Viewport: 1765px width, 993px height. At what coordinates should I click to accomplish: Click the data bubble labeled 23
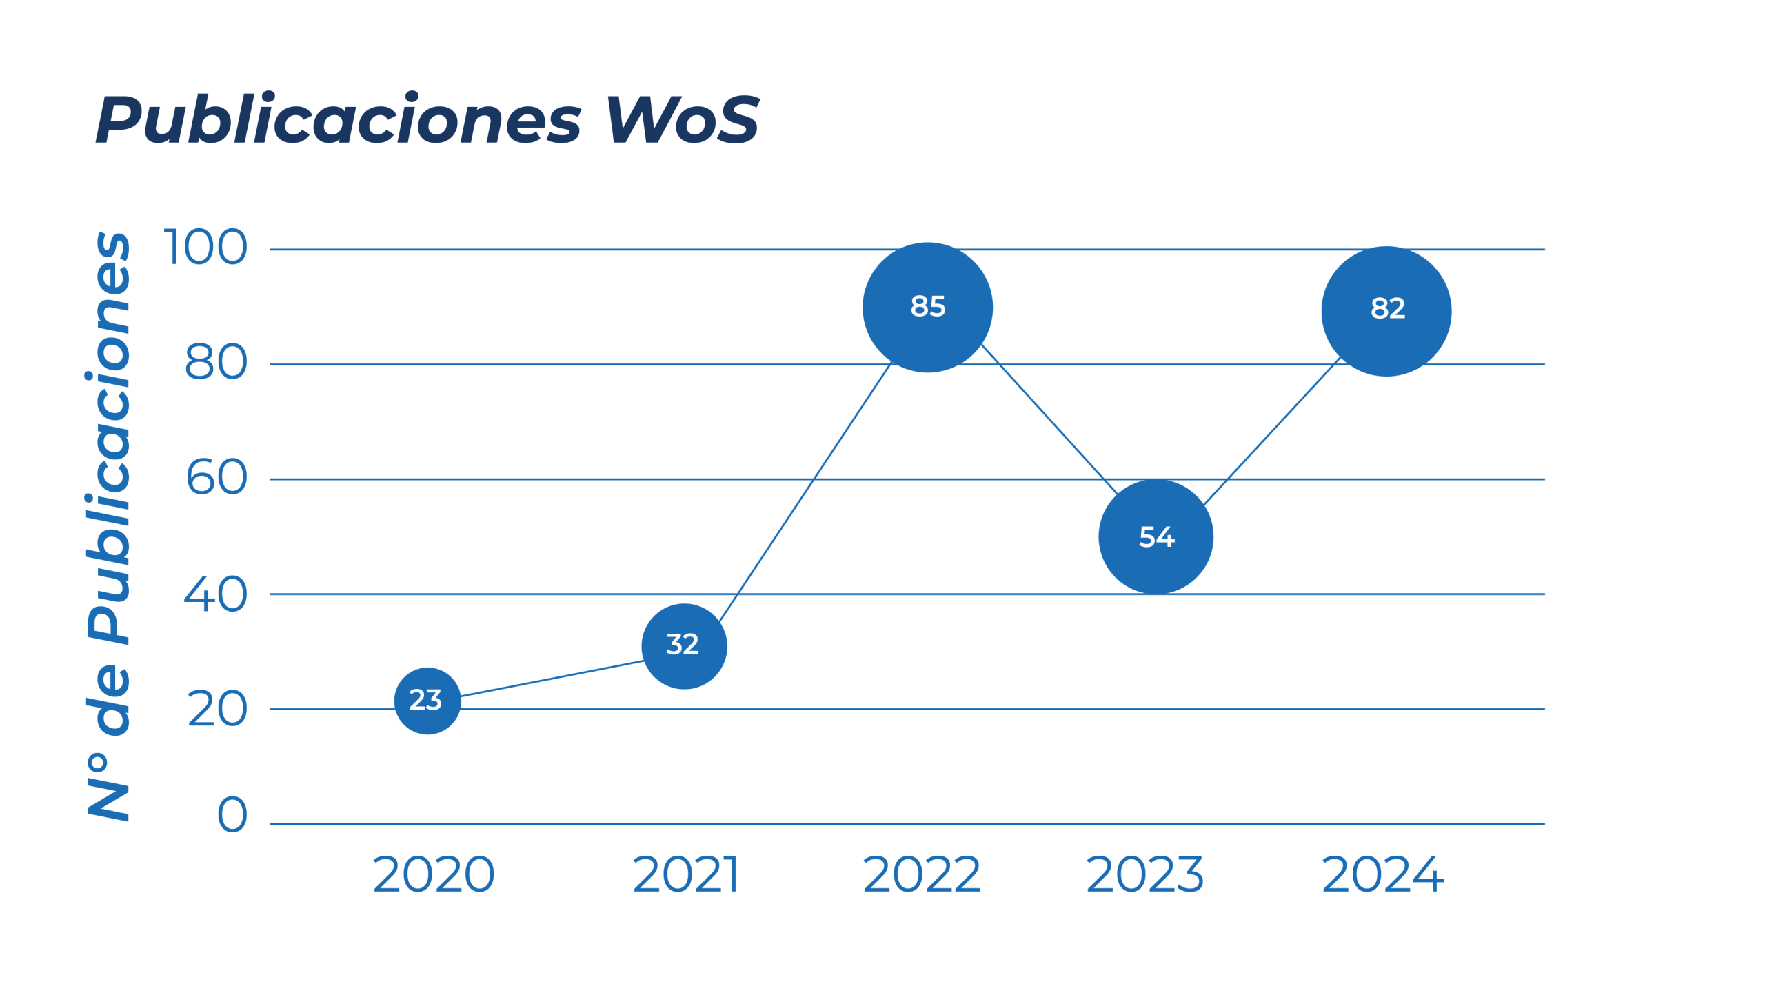(x=427, y=701)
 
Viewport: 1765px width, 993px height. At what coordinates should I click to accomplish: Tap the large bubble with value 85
(x=927, y=308)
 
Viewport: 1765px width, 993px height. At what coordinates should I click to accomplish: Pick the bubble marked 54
(x=1156, y=536)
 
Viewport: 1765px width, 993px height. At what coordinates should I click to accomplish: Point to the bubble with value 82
(x=1386, y=310)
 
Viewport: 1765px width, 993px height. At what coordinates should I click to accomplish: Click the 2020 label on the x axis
(x=434, y=874)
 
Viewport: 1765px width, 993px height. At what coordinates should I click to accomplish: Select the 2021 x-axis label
(x=686, y=874)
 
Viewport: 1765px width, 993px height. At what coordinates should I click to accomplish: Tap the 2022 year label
(x=922, y=874)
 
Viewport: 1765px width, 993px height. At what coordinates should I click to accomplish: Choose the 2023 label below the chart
(x=1144, y=874)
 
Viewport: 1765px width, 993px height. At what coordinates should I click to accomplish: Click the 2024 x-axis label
(x=1382, y=874)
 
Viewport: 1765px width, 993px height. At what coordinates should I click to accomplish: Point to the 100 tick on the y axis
(x=205, y=248)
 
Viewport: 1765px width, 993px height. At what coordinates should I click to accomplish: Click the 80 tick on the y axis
(x=216, y=363)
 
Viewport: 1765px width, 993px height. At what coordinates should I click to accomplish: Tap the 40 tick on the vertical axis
(x=215, y=594)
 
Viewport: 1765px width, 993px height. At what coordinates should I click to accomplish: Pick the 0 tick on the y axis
(x=232, y=815)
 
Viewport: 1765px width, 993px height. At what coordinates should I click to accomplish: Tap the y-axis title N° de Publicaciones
(x=109, y=525)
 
